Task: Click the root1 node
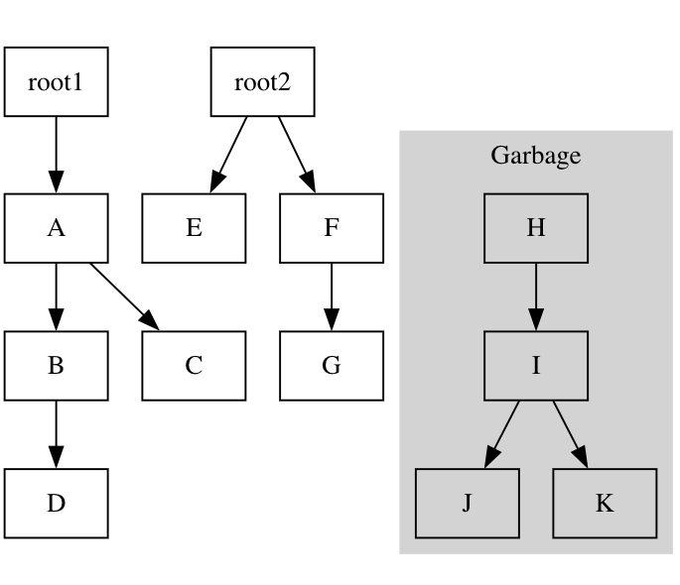point(56,81)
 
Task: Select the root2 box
point(262,81)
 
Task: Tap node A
point(56,228)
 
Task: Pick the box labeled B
point(56,366)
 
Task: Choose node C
point(194,366)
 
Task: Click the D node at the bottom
point(56,504)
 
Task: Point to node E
point(194,228)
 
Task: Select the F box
point(332,228)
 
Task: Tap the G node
point(332,366)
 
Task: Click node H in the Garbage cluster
point(536,228)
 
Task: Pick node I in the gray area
point(536,366)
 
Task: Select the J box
point(468,504)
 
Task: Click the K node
point(605,504)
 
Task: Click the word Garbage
point(536,156)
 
